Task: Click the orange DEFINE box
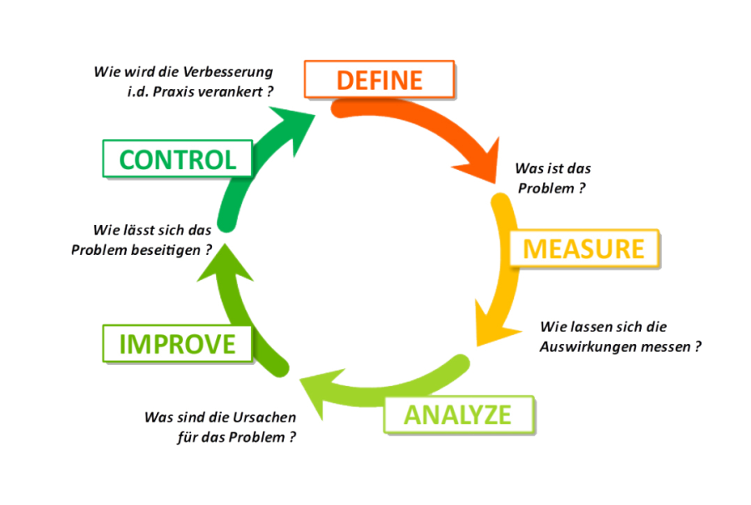pyautogui.click(x=379, y=79)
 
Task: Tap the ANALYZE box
pyautogui.click(x=457, y=414)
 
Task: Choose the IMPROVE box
pyautogui.click(x=177, y=343)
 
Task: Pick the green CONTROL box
pyautogui.click(x=176, y=158)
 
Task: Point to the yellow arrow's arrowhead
pyautogui.click(x=486, y=330)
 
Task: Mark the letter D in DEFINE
pyautogui.click(x=344, y=80)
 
